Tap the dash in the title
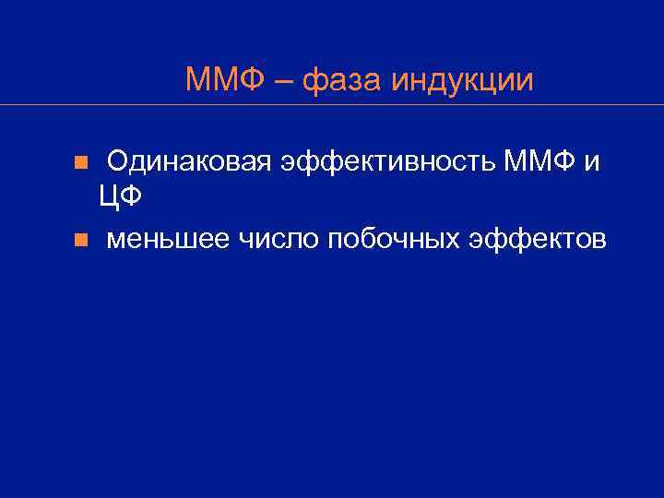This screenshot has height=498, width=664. [285, 80]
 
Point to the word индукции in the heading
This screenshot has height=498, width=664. [462, 81]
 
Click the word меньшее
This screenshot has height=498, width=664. [169, 241]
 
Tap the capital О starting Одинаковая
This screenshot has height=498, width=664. [117, 162]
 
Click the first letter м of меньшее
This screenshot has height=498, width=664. [114, 243]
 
